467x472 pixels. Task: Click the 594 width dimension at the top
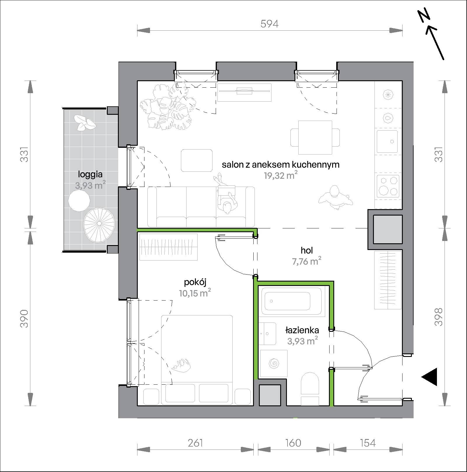click(269, 24)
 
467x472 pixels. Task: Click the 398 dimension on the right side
click(439, 317)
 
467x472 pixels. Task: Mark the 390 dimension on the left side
click(25, 318)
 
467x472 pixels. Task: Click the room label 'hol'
click(307, 250)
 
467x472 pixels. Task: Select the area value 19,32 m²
click(280, 176)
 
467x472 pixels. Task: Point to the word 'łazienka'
click(302, 330)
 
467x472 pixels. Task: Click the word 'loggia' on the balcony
click(90, 174)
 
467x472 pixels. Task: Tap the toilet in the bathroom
click(310, 388)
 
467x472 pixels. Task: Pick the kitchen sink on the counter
click(387, 141)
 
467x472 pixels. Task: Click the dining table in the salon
click(315, 137)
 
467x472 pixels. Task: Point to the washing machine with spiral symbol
click(274, 364)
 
